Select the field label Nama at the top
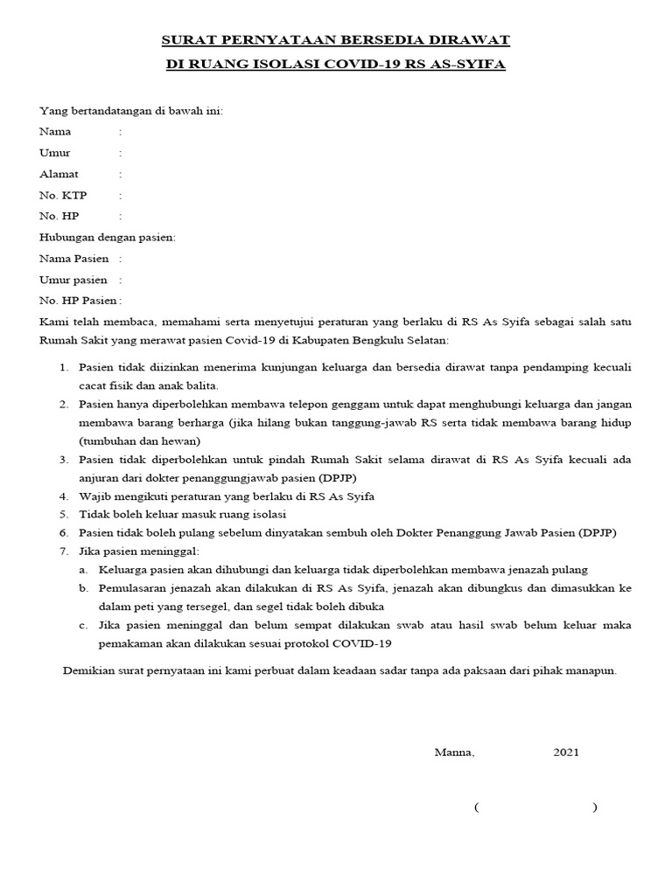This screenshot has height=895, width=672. (55, 131)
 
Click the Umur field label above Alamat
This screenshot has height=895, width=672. (55, 153)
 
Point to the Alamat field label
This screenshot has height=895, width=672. (59, 174)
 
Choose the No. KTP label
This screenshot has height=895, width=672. (63, 195)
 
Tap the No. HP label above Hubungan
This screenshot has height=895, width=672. (59, 216)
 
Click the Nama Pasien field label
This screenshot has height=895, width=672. (74, 259)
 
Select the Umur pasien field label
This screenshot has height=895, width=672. (73, 280)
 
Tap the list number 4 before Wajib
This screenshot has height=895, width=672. (64, 496)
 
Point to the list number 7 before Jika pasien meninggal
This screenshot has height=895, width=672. (64, 551)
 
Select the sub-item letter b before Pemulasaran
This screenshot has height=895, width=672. (82, 588)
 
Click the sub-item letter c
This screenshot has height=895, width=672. (82, 626)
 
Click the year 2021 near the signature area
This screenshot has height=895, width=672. (565, 752)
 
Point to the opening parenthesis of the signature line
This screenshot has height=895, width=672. (476, 808)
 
